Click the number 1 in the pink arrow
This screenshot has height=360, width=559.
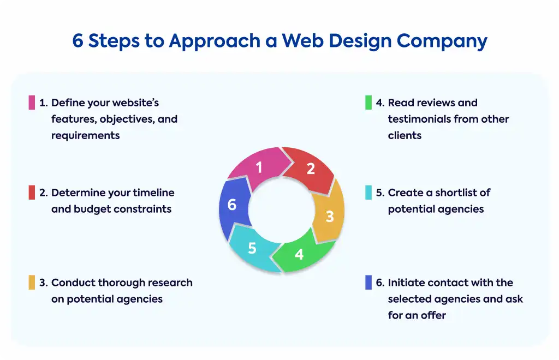pyautogui.click(x=259, y=167)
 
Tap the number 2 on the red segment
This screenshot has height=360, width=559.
pyautogui.click(x=311, y=169)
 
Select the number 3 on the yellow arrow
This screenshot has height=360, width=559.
pyautogui.click(x=330, y=217)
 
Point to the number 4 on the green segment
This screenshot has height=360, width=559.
pyautogui.click(x=299, y=254)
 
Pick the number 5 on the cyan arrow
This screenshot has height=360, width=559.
pyautogui.click(x=252, y=248)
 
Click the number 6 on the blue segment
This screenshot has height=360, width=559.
pyautogui.click(x=231, y=205)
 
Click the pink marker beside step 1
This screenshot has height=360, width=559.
pyautogui.click(x=32, y=103)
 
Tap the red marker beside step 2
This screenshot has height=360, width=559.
pyautogui.click(x=32, y=193)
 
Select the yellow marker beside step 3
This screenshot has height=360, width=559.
pyautogui.click(x=32, y=283)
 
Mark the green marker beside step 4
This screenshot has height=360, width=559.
pyautogui.click(x=368, y=103)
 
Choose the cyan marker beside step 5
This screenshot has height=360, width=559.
pyautogui.click(x=368, y=193)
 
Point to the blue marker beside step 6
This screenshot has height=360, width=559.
pyautogui.click(x=368, y=283)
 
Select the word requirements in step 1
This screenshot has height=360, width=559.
pyautogui.click(x=86, y=136)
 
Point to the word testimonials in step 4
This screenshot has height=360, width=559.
pyautogui.click(x=419, y=119)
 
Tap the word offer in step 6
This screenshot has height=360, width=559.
pyautogui.click(x=433, y=315)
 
